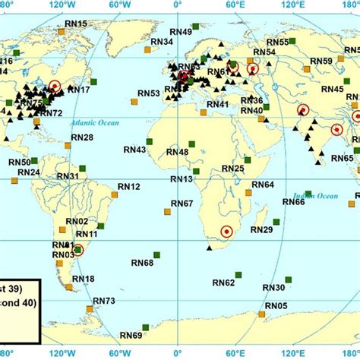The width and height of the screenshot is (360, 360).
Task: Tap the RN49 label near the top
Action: tap(182, 31)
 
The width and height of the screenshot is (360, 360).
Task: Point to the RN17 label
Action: tap(79, 90)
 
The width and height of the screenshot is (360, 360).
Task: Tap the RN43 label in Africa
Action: tap(134, 150)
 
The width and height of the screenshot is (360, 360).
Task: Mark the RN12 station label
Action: tap(129, 186)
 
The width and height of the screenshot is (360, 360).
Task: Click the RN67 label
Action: tap(182, 203)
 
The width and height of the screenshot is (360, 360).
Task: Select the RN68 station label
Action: tap(142, 263)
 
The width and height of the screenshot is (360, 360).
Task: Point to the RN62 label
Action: tap(223, 283)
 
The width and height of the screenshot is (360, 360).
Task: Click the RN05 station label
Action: tap(276, 306)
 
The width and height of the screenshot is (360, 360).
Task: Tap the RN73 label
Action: tap(104, 302)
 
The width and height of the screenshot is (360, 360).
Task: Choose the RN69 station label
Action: tap(131, 335)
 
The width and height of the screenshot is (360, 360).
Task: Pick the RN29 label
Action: tap(261, 229)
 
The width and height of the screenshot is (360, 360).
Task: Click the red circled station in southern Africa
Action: tap(226, 232)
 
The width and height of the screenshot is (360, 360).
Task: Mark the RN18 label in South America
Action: tap(84, 279)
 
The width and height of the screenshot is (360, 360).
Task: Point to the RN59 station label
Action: tap(322, 61)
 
